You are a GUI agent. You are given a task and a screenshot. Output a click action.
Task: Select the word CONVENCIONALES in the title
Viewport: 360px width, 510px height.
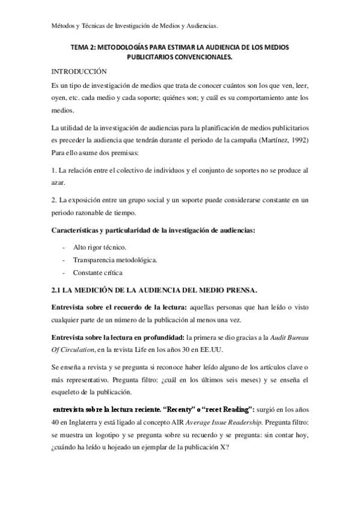click(201, 57)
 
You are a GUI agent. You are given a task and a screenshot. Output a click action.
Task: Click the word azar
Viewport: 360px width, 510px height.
click(58, 183)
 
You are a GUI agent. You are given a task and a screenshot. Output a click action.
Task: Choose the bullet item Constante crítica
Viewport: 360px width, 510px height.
click(97, 272)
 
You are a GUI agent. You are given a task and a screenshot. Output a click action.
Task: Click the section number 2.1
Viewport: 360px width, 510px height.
click(58, 290)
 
